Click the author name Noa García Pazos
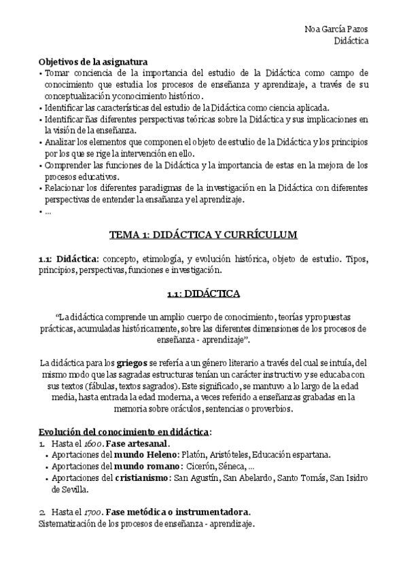point(338,29)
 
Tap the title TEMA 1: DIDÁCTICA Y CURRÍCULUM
point(203,236)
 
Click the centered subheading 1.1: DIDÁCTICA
point(203,293)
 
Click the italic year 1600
point(84,444)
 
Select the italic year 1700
point(84,511)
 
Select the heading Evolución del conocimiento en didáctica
point(124,432)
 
